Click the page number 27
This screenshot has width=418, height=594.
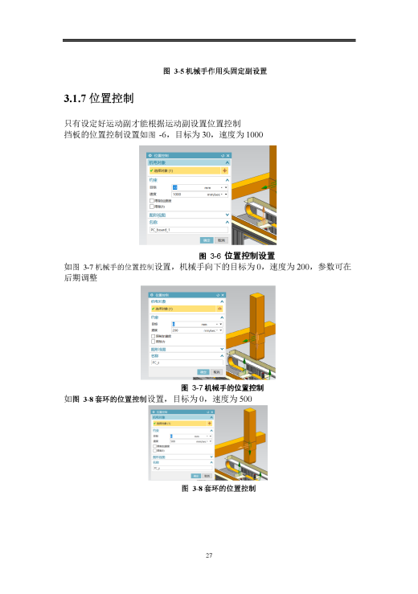coord(208,555)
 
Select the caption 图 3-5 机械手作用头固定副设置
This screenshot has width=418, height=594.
coord(215,71)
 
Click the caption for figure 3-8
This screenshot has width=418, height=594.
coord(219,488)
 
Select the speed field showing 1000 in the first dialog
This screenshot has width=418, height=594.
coord(185,194)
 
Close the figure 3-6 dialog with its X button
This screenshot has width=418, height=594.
coord(229,155)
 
